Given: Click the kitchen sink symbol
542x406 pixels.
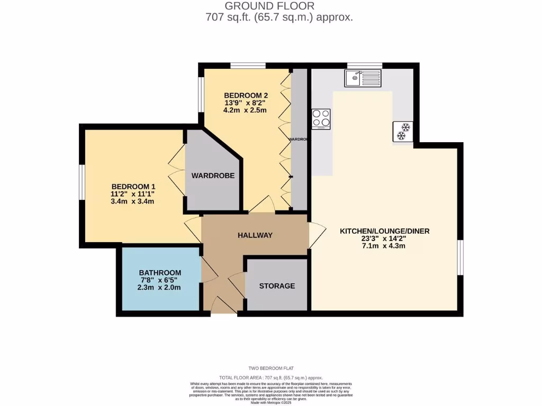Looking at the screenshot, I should click(363, 79).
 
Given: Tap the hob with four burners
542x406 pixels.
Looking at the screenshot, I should click(321, 119).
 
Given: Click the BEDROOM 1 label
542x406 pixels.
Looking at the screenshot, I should click(133, 187).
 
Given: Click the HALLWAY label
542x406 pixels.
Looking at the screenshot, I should click(255, 235).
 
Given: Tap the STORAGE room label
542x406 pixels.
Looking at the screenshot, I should click(277, 286).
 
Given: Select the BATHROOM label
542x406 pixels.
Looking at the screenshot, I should click(160, 273).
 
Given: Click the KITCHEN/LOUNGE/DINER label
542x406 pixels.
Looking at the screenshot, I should click(384, 231).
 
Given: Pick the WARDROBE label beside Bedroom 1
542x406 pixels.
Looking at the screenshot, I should click(213, 176).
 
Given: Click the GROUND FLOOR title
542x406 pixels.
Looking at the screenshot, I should click(269, 6).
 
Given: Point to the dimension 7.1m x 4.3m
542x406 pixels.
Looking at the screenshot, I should click(384, 246).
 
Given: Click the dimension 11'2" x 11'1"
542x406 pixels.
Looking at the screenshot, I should click(133, 194).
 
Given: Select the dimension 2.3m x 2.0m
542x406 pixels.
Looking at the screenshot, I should click(159, 288).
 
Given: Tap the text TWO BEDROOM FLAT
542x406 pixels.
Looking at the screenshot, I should click(271, 368).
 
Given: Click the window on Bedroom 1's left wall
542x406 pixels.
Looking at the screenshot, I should click(82, 182).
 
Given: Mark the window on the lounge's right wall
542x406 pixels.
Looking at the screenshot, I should click(460, 257).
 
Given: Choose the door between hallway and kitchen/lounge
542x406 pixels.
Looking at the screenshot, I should click(317, 235).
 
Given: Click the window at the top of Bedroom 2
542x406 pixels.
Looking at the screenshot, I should click(248, 66).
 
